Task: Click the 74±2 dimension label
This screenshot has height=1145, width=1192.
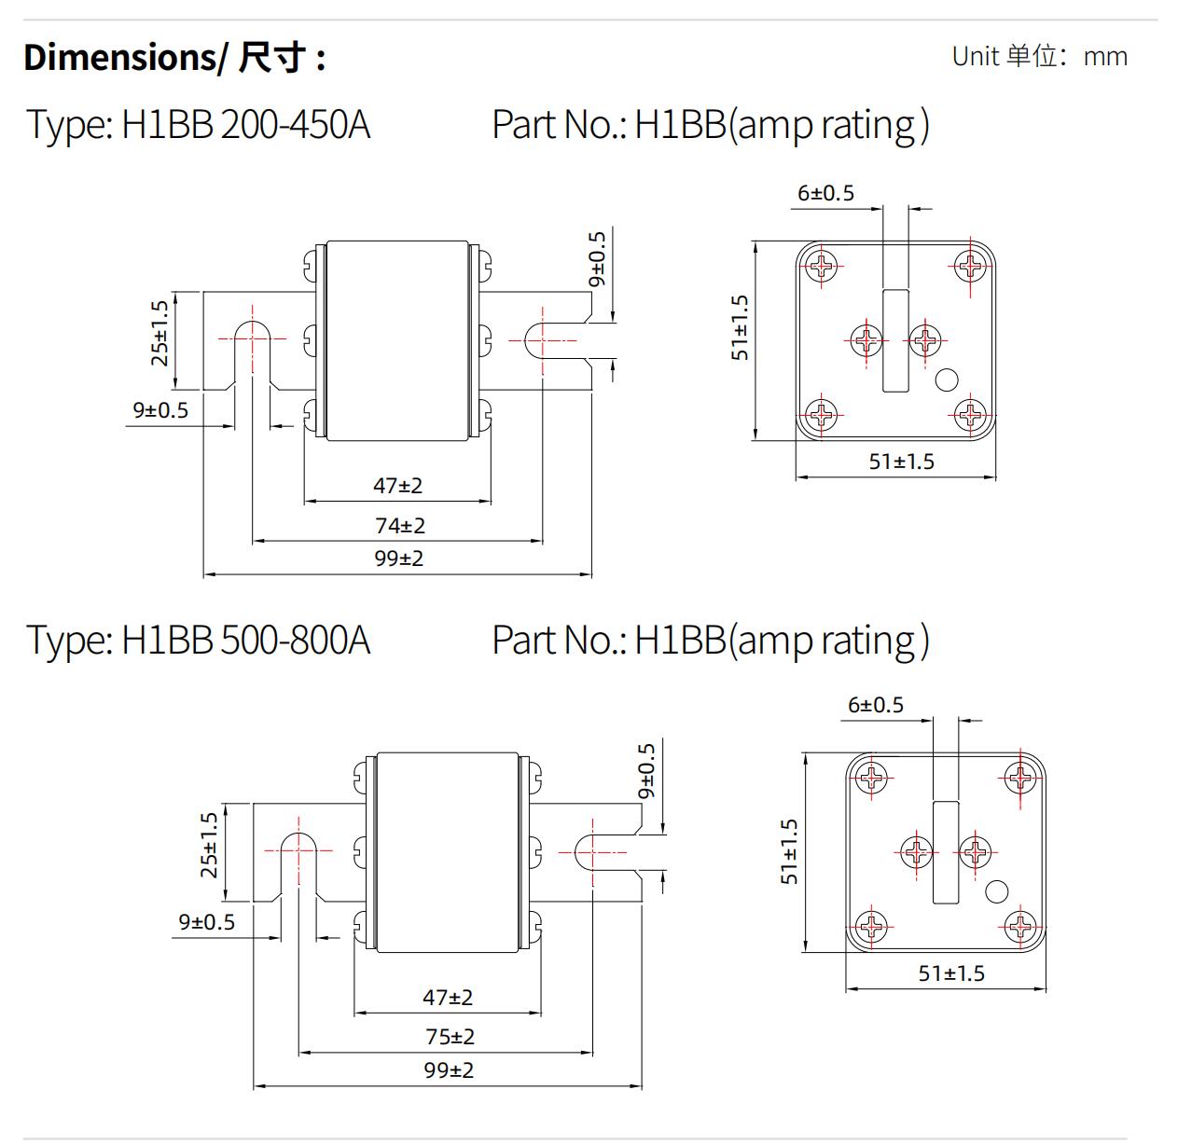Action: (x=400, y=526)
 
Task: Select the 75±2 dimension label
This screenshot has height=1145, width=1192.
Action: (x=450, y=1037)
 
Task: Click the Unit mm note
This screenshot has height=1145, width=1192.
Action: (x=1039, y=56)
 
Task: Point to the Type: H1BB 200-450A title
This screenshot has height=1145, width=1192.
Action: (x=198, y=125)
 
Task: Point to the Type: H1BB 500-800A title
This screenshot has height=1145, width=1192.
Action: (x=198, y=641)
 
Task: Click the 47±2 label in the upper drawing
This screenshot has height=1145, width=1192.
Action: (x=398, y=486)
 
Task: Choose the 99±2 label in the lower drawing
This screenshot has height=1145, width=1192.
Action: (x=449, y=1070)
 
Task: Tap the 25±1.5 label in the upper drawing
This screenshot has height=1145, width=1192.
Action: (x=159, y=333)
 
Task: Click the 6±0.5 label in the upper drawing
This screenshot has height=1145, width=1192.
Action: (x=825, y=193)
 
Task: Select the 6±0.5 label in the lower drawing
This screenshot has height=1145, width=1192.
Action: (x=876, y=705)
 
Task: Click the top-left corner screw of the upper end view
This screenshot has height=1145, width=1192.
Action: (x=822, y=267)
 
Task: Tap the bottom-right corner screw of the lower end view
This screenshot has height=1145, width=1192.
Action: (x=1020, y=926)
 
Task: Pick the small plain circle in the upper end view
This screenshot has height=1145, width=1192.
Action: (x=947, y=379)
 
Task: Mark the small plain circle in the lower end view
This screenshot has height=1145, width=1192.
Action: (x=996, y=891)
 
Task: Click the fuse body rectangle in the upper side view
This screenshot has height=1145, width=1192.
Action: (x=396, y=340)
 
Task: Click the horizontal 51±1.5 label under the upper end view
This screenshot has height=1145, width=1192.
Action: (x=901, y=462)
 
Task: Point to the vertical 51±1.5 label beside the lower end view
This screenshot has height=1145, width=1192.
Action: (x=790, y=851)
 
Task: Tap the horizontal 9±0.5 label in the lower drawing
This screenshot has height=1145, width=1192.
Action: (x=207, y=922)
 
